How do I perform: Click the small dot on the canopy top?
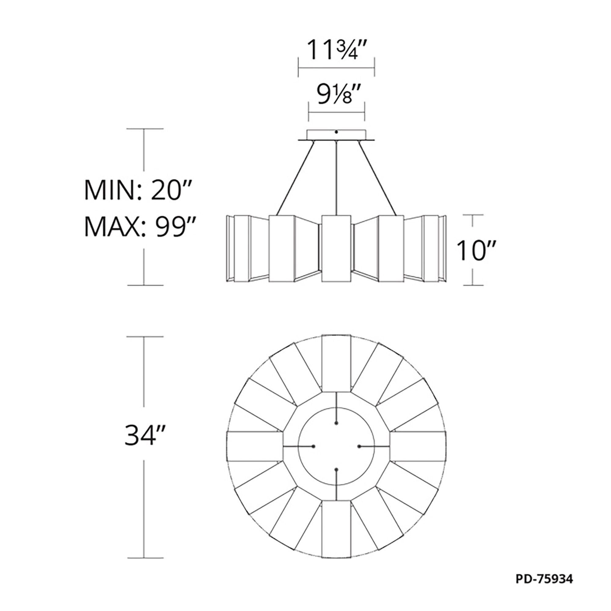coord(336,132)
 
